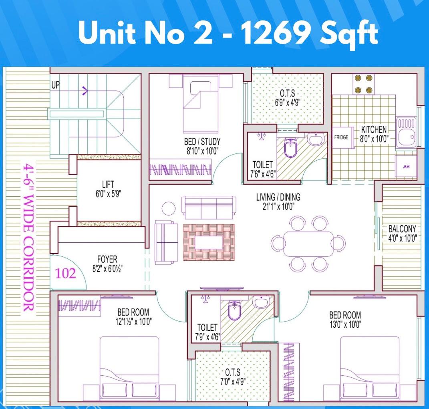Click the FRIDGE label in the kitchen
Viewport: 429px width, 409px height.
click(x=341, y=137)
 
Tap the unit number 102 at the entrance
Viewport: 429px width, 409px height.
click(x=65, y=273)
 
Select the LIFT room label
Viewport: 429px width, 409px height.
click(x=108, y=184)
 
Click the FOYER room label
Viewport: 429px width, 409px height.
click(x=107, y=259)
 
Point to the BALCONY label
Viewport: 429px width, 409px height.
click(x=402, y=229)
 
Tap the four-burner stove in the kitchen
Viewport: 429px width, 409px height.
click(x=363, y=84)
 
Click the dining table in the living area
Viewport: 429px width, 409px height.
click(x=308, y=244)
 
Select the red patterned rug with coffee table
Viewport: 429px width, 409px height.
click(x=209, y=242)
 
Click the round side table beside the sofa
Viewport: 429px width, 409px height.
click(x=169, y=209)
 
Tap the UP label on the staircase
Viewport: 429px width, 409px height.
click(x=56, y=85)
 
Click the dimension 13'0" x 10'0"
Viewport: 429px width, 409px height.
click(x=345, y=324)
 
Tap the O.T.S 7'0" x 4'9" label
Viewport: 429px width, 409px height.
click(x=233, y=377)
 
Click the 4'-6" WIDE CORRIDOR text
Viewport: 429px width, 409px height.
click(x=28, y=238)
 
